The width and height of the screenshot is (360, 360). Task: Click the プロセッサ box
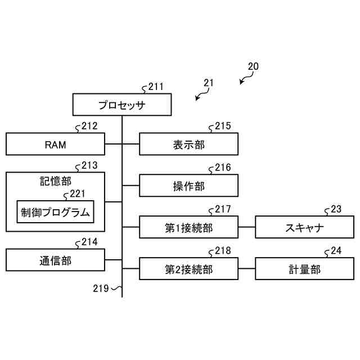121,105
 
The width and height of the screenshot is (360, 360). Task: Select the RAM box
55,144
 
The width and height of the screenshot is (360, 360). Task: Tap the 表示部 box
188,144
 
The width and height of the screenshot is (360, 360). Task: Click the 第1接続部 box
188,228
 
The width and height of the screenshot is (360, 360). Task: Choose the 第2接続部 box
188,269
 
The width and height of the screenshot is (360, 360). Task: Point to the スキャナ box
304,228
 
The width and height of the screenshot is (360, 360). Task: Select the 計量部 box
304,269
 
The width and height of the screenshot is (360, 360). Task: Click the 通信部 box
55,260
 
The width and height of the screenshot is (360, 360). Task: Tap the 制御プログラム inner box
55,211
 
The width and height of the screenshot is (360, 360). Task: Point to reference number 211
156,87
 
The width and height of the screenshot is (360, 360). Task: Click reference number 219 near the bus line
101,289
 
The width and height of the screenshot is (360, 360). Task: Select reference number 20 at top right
253,66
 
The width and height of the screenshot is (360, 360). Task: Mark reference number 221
77,194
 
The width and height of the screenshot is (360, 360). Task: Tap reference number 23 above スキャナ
336,209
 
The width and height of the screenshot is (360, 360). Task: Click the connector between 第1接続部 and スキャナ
246,228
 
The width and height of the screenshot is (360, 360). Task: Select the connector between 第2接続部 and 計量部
246,269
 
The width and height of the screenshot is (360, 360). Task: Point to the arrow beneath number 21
199,96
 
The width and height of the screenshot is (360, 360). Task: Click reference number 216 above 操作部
223,168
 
